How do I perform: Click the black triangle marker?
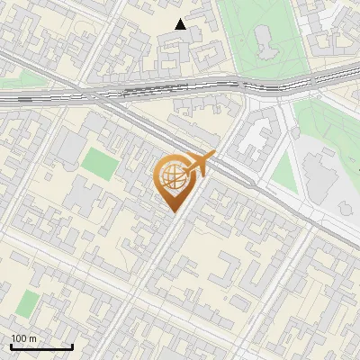tap(181, 24)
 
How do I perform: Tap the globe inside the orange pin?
tap(172, 175)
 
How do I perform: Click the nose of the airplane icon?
tap(213, 156)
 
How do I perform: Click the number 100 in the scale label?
tap(19, 338)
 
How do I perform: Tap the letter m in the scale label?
tap(32, 338)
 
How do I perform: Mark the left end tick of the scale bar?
tap(11, 346)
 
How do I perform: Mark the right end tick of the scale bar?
tap(72, 346)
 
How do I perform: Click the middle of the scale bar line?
tap(41, 347)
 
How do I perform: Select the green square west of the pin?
tap(99, 163)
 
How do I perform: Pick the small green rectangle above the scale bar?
tap(28, 303)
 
